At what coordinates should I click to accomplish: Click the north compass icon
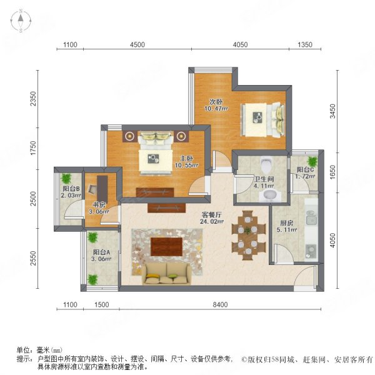pyautogui.click(x=20, y=21)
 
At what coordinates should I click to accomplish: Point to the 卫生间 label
pyautogui.click(x=261, y=180)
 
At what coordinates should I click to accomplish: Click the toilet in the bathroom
pyautogui.click(x=267, y=165)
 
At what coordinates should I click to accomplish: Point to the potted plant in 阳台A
pyautogui.click(x=93, y=238)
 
